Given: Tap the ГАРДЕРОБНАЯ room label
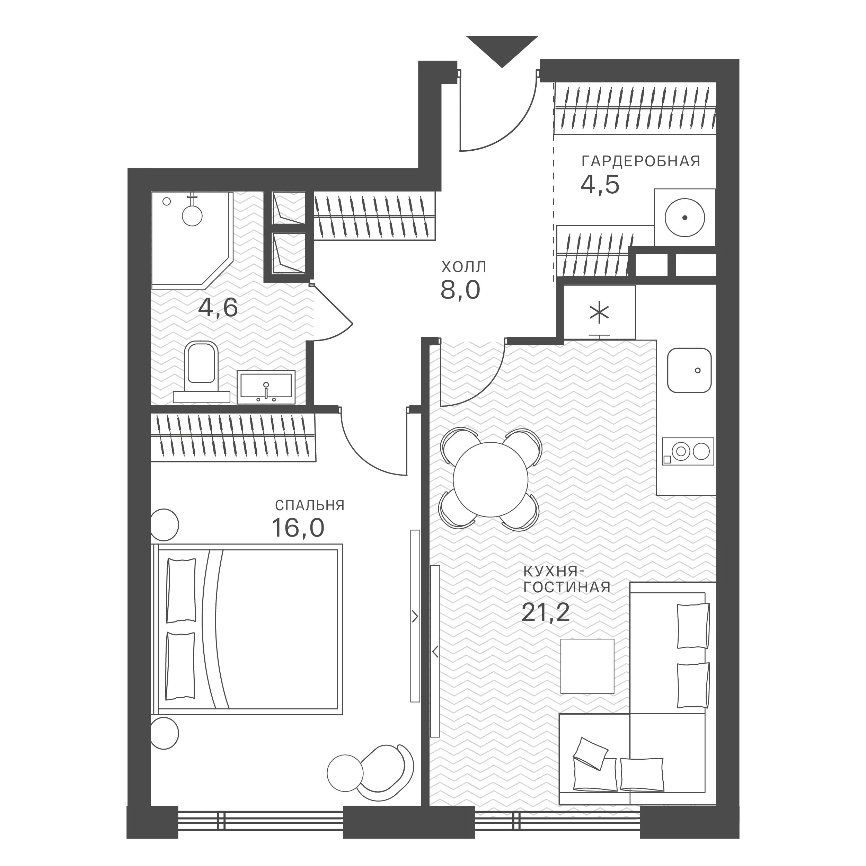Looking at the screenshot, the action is pos(640,161).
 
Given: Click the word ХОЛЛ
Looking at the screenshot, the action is pos(464,267).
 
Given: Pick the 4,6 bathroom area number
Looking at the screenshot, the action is pos(218,308).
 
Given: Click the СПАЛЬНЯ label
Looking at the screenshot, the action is pos(310,506).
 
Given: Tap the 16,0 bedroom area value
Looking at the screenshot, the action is pos(298,528).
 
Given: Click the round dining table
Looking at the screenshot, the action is pos(491,480).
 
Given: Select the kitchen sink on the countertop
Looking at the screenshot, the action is pos(689,370).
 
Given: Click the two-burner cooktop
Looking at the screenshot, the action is pos(688,451).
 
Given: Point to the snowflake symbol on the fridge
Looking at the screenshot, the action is pos(599,314).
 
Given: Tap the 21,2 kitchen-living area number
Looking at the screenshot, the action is pos(546,612).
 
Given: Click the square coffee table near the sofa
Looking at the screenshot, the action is pos(587,666).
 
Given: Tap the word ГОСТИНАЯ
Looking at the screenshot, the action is pos(567,587).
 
